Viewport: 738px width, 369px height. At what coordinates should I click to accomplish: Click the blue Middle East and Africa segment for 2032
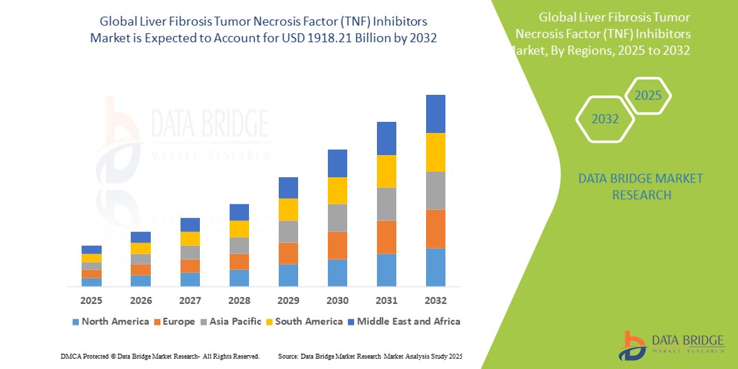[435, 114]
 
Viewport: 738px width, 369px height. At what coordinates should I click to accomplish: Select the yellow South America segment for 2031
[386, 171]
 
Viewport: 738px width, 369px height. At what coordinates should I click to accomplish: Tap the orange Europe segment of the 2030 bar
[337, 245]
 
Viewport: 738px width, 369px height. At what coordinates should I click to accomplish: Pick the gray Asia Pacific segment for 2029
[288, 231]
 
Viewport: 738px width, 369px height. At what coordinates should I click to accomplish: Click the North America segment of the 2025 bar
[91, 282]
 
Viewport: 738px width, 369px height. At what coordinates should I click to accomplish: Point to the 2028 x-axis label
[239, 300]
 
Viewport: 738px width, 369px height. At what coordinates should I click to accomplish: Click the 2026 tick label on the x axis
[140, 300]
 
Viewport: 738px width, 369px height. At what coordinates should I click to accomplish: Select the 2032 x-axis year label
[435, 300]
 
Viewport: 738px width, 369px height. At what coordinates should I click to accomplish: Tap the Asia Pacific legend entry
[234, 321]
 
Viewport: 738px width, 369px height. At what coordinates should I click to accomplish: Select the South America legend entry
[308, 321]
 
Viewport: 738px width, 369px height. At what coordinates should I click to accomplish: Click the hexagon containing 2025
[647, 96]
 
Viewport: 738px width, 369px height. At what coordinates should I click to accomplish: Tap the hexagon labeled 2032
[605, 119]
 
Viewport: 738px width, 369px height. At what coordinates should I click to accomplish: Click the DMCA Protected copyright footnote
[160, 356]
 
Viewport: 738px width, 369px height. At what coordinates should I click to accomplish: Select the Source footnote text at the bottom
[369, 356]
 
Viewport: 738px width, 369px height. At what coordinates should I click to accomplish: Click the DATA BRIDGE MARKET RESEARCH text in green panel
[631, 187]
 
